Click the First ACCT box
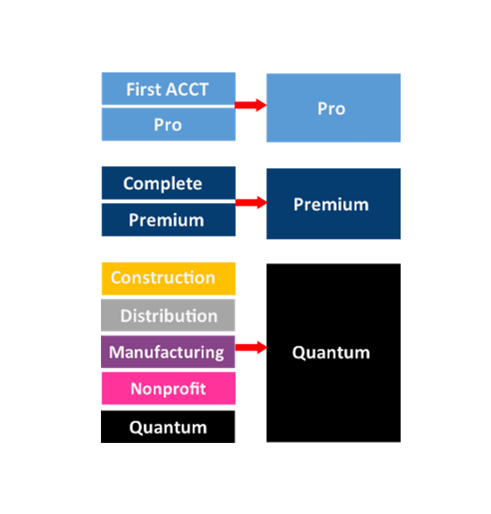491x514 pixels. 168,88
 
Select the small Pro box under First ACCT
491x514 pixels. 168,124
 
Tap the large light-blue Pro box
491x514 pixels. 333,108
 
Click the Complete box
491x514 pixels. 168,183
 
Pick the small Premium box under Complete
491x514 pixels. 168,220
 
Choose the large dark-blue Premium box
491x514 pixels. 333,203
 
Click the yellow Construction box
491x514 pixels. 168,278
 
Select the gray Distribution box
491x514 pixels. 168,315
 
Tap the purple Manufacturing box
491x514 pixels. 168,352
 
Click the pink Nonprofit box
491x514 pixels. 168,388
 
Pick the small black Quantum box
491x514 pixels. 168,427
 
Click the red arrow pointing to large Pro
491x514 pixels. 250,105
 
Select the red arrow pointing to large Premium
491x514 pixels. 250,203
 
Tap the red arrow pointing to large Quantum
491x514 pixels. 250,347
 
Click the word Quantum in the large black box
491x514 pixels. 331,353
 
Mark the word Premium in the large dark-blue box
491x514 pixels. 331,205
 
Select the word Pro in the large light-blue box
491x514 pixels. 331,108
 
